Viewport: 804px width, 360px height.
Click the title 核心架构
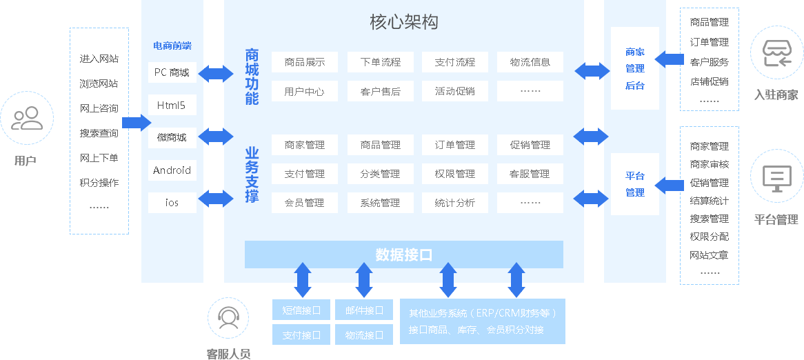pyautogui.click(x=403, y=22)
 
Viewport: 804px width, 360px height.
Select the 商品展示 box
pyautogui.click(x=305, y=62)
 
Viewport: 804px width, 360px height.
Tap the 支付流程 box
pyautogui.click(x=455, y=62)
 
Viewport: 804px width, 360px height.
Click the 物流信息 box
pyautogui.click(x=530, y=62)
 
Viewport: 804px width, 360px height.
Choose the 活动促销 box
pyautogui.click(x=455, y=91)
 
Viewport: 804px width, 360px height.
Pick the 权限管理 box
pyautogui.click(x=455, y=174)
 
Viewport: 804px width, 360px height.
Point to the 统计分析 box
pyautogui.click(x=455, y=203)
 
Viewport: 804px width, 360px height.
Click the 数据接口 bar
pyautogui.click(x=403, y=254)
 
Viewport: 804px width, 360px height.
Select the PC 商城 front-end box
pyautogui.click(x=172, y=72)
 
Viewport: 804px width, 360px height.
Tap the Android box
pyautogui.click(x=172, y=170)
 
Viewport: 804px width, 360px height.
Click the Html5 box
pyautogui.click(x=172, y=105)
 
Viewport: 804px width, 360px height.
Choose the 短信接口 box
pyautogui.click(x=301, y=310)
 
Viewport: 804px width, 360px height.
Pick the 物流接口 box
pyautogui.click(x=364, y=334)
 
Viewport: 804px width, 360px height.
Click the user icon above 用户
pyautogui.click(x=26, y=118)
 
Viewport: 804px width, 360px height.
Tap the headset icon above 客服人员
pyautogui.click(x=228, y=318)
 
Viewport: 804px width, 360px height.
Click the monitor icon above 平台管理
pyautogui.click(x=776, y=178)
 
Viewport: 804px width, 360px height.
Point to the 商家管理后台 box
pyautogui.click(x=634, y=68)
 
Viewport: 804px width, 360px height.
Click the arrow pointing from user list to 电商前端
pyautogui.click(x=136, y=123)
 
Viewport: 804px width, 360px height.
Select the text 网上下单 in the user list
pyautogui.click(x=99, y=158)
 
